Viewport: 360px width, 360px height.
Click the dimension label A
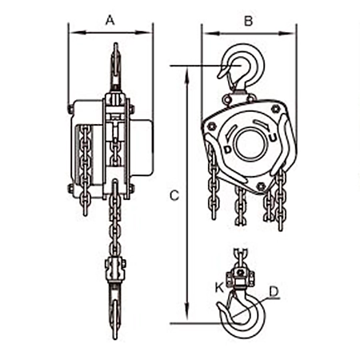click(x=110, y=20)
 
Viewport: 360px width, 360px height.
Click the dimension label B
click(x=248, y=21)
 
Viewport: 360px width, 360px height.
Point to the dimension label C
click(x=174, y=195)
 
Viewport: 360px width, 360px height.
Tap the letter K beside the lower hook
click(x=220, y=288)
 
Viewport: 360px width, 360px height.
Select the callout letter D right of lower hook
click(x=274, y=291)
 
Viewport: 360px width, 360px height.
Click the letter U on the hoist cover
click(x=273, y=138)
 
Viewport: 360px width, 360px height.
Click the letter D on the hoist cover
click(x=227, y=150)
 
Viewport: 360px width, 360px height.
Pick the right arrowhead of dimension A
click(x=144, y=33)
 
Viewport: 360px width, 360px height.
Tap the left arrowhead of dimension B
click(x=211, y=34)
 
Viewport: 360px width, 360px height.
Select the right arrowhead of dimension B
click(x=287, y=34)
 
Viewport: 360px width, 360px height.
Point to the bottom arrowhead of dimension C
click(x=188, y=310)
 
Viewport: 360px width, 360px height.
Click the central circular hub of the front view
click(x=250, y=144)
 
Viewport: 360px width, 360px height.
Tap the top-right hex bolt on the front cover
click(x=276, y=109)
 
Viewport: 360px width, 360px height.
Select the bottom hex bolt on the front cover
click(x=260, y=186)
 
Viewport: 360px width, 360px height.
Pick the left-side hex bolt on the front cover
click(x=212, y=126)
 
